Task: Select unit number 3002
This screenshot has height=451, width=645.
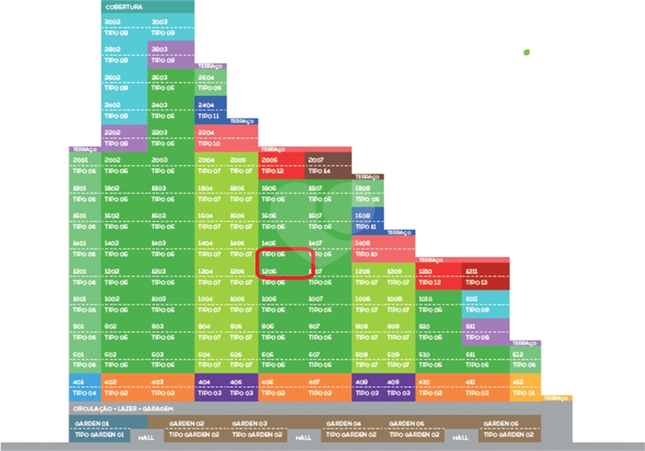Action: click(x=112, y=22)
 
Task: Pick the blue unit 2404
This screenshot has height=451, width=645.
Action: click(x=206, y=105)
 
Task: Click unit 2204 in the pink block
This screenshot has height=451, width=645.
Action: click(x=206, y=132)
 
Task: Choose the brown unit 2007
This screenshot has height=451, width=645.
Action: click(x=315, y=159)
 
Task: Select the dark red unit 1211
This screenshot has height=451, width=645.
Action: click(x=471, y=271)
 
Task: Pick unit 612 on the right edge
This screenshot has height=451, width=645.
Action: click(x=518, y=354)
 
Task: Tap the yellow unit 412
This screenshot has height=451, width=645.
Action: click(x=518, y=382)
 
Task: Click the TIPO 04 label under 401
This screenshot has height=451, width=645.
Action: click(x=84, y=393)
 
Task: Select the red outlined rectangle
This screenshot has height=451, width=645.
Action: click(x=285, y=262)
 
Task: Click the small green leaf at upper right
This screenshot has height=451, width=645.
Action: click(x=526, y=52)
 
